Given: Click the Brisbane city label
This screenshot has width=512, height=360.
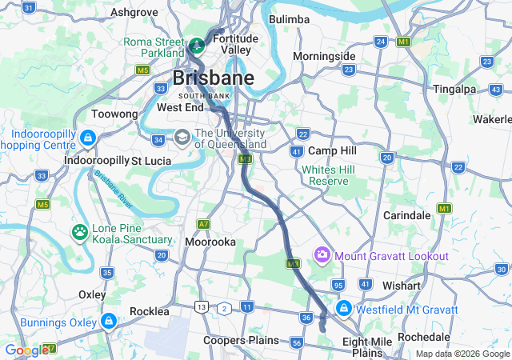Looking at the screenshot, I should coord(214,78).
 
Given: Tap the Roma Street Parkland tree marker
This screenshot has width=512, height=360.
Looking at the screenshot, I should coord(197,43).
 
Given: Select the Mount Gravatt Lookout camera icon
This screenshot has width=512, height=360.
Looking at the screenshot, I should coord(322,255).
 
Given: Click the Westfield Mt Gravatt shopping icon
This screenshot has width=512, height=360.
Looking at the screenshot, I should coord(343,308).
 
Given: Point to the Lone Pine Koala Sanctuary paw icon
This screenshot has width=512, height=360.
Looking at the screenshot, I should coord(80,232).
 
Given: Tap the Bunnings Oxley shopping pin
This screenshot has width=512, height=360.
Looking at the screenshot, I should coord(108,322).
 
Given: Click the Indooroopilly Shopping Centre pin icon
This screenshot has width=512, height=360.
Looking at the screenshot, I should coord(87,138).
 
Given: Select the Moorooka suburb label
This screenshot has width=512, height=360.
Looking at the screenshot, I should coord(210,241).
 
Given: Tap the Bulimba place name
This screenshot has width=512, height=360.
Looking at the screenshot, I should coord(289,18).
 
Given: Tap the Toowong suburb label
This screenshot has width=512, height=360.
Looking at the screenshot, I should coord(115,114).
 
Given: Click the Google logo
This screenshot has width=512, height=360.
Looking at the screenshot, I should coord(26,350).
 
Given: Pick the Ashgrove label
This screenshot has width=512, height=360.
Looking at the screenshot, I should coord(134,12).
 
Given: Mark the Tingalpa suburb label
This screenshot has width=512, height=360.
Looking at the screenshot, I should coord(454,89).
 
